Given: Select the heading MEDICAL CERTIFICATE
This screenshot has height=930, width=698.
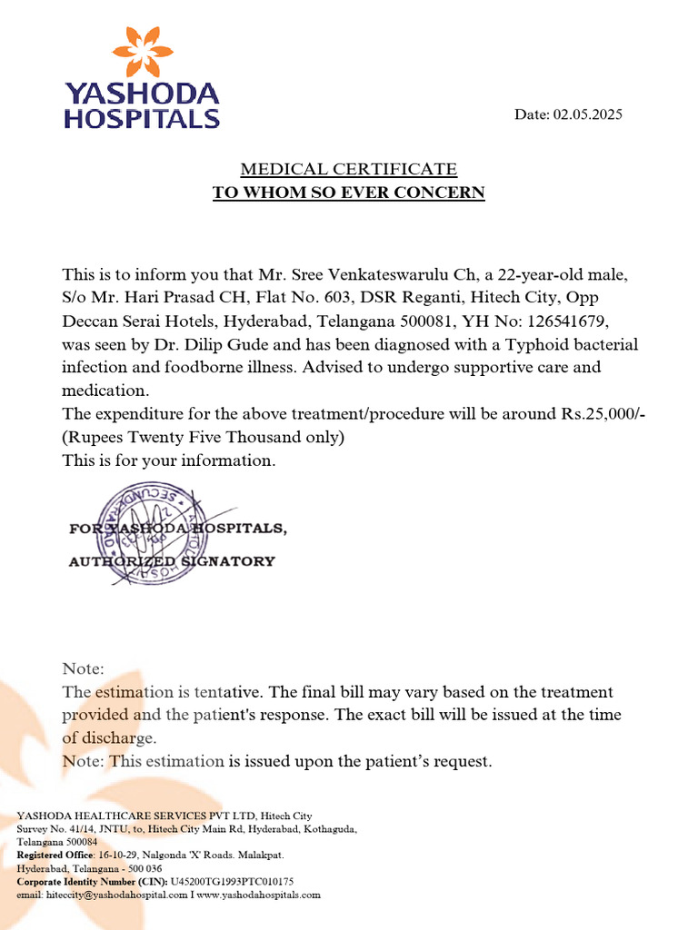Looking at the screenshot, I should pos(348,169).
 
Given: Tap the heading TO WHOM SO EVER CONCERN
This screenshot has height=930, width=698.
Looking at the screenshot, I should pos(348,193).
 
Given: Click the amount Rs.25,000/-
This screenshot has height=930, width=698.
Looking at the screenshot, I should pos(600,413).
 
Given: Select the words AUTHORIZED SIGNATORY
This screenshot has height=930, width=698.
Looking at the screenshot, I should pos(172,561).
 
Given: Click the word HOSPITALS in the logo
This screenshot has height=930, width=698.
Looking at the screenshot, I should pos(141,119).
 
